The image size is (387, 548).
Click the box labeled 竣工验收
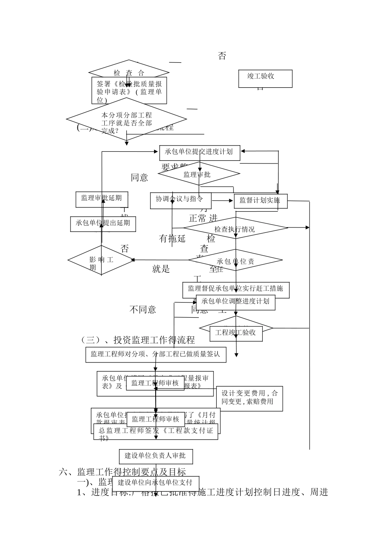tap(265, 78)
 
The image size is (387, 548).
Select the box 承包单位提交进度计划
tap(199, 152)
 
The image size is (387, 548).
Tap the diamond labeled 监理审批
tap(199, 175)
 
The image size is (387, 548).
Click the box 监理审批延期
tap(101, 199)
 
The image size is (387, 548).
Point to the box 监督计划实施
tap(260, 201)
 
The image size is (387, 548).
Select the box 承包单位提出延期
tap(103, 223)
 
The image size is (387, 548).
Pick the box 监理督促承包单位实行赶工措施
tap(235, 289)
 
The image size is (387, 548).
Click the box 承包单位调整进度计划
tap(235, 302)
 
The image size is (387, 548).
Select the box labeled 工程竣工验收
tap(236, 333)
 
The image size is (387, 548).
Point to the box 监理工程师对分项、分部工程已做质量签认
tap(156, 354)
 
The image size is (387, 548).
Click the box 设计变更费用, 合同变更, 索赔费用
tap(249, 398)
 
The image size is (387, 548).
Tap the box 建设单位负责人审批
tap(156, 456)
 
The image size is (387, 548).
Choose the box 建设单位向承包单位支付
tap(155, 483)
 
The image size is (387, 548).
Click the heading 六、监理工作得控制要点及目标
tap(123, 472)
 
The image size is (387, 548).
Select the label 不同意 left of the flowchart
tap(143, 310)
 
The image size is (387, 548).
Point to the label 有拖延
tap(172, 239)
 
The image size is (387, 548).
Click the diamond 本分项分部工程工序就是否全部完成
tap(126, 119)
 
